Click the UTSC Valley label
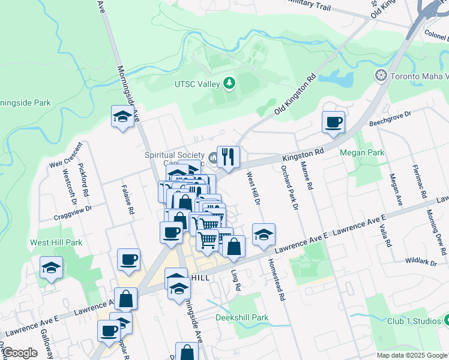197,84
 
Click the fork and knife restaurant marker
228,157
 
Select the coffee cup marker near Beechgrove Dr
333,122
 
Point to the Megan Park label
361,153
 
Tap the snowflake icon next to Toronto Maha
380,76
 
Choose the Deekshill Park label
242,317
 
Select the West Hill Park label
56,243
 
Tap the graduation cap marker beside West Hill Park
52,268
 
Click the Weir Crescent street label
65,161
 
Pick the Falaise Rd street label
128,200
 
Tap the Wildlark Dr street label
418,261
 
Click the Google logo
20,353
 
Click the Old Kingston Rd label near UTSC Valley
295,95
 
